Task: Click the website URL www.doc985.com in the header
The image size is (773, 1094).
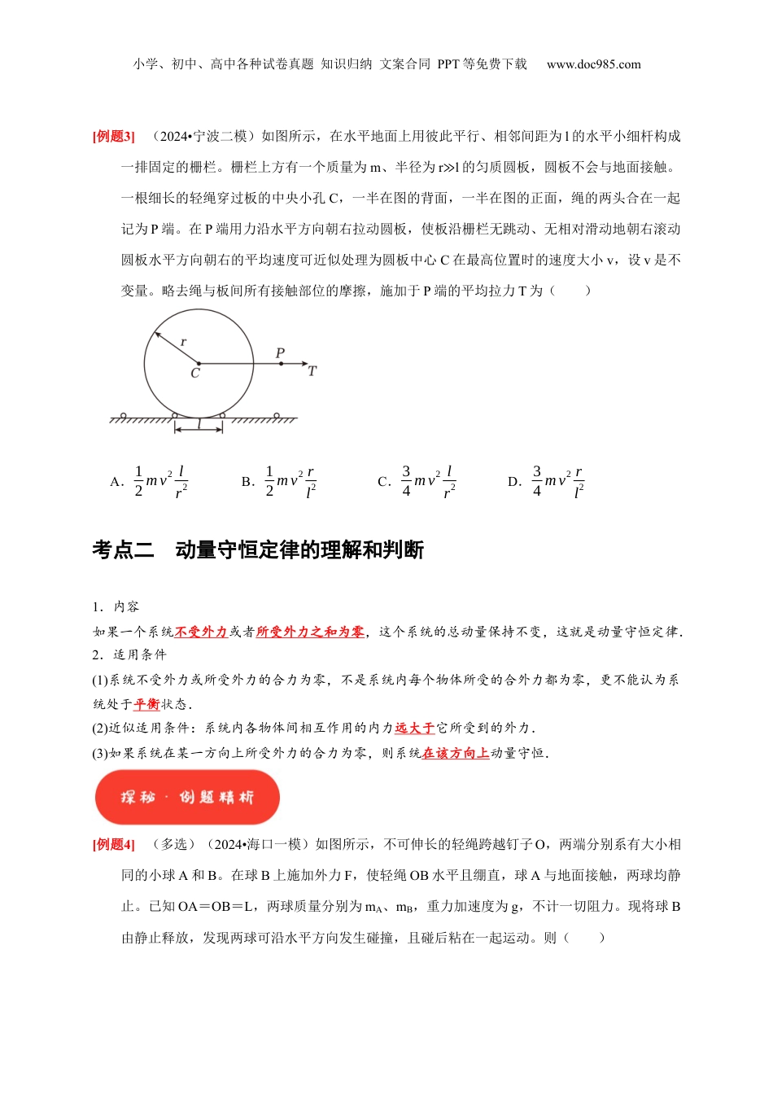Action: [593, 64]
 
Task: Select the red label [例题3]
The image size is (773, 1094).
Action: [113, 136]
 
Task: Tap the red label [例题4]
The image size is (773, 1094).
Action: [113, 844]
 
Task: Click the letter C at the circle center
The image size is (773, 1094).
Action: [195, 374]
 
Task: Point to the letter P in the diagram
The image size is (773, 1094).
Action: [280, 353]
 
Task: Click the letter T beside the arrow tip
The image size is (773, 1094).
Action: [312, 371]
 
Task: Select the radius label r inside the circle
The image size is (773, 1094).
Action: [183, 342]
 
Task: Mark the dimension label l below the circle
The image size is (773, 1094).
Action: [199, 423]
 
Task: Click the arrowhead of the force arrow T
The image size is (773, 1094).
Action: [304, 363]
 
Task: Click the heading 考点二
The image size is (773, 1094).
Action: [123, 550]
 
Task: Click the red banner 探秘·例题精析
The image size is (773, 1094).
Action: [187, 797]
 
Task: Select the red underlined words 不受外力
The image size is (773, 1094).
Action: [201, 632]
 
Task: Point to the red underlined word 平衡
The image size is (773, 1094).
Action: [146, 704]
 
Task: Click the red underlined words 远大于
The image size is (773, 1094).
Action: [415, 728]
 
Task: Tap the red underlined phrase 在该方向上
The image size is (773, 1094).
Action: [456, 753]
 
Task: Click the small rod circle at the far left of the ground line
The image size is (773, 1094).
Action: [123, 416]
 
